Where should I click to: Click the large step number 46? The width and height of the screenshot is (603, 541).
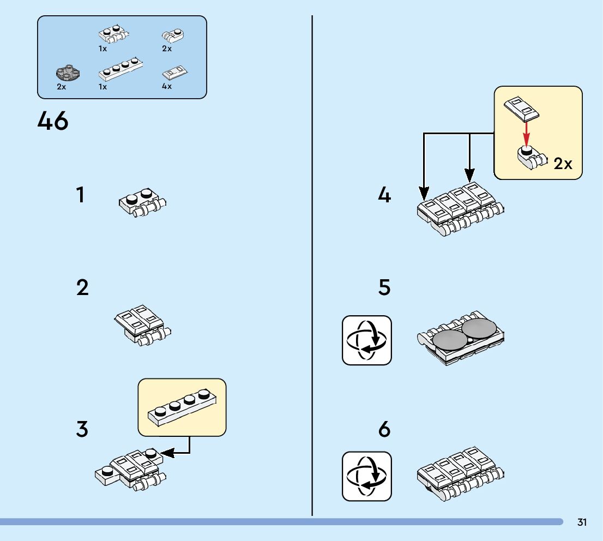click(x=53, y=121)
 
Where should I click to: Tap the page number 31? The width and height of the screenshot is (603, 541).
click(x=582, y=522)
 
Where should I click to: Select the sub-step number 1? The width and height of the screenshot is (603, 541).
click(x=81, y=195)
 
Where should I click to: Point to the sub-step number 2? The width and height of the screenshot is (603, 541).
click(x=82, y=287)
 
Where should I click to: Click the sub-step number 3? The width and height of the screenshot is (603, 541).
click(x=82, y=429)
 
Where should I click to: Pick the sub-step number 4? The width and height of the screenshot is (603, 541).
click(x=384, y=195)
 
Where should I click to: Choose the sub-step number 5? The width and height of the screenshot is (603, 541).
click(x=384, y=287)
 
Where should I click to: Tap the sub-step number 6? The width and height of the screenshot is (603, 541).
click(x=384, y=429)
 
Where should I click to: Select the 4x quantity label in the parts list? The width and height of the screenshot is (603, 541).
click(x=167, y=86)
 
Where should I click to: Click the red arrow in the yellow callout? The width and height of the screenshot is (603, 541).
click(x=526, y=132)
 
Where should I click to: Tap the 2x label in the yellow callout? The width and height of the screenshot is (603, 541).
click(x=563, y=163)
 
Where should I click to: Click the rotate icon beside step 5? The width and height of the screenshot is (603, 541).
click(x=367, y=340)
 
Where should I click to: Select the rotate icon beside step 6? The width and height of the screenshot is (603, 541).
click(x=367, y=476)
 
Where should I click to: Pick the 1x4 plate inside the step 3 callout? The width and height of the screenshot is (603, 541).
click(x=182, y=407)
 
